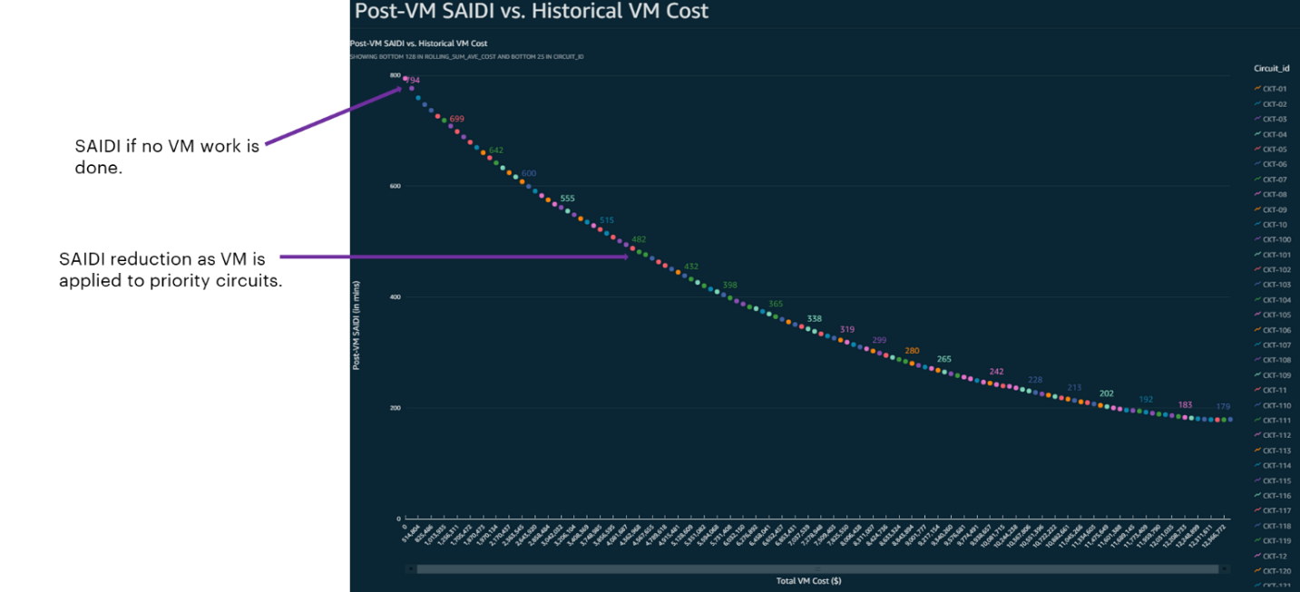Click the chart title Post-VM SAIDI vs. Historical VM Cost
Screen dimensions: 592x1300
(531, 12)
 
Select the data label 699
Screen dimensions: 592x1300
(456, 119)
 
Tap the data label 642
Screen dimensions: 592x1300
(495, 150)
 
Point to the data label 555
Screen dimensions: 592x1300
(567, 199)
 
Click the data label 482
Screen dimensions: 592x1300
(639, 239)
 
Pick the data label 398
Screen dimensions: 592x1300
(729, 285)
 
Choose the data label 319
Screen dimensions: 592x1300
(846, 329)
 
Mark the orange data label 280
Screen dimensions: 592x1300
(912, 350)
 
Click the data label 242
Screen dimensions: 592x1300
(996, 372)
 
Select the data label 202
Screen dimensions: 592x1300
(1106, 393)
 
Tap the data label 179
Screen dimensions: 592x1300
(1223, 406)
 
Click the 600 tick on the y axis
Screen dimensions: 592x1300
(396, 186)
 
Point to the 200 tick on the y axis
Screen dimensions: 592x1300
(396, 408)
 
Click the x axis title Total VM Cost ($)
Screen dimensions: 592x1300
(808, 581)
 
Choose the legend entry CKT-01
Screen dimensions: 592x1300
(1275, 89)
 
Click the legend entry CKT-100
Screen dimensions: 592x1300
(1276, 239)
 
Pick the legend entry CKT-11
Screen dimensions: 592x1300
(1275, 390)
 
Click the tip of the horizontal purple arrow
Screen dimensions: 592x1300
(628, 257)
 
